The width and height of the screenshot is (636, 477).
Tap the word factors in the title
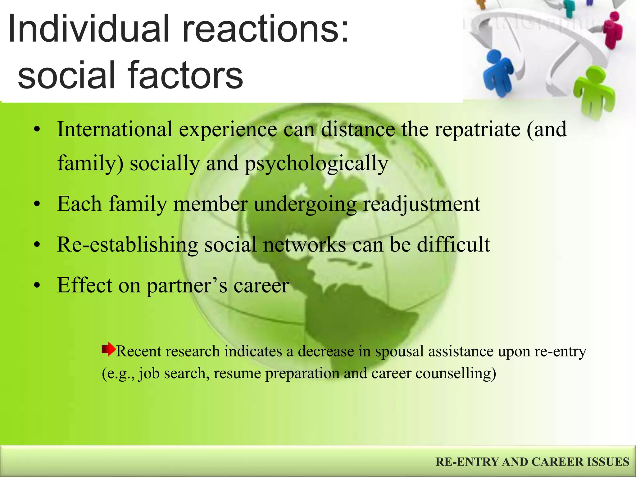pyautogui.click(x=185, y=75)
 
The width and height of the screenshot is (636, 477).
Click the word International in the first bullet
pyautogui.click(x=115, y=129)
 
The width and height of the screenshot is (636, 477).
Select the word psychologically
pyautogui.click(x=316, y=164)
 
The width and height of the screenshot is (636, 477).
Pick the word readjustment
pyautogui.click(x=421, y=204)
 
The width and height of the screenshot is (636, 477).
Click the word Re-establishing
pyautogui.click(x=127, y=245)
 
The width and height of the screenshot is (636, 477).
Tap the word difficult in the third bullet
pyautogui.click(x=453, y=245)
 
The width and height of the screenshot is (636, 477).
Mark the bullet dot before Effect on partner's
pyautogui.click(x=37, y=286)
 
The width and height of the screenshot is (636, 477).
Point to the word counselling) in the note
pyautogui.click(x=456, y=373)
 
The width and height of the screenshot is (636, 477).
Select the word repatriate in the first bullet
pyautogui.click(x=477, y=129)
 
